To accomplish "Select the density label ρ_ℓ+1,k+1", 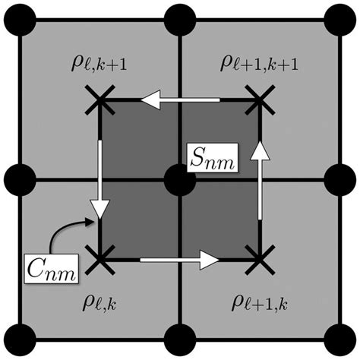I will coord(258,62).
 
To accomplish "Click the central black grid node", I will coord(179,181).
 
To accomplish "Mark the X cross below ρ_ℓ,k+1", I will coord(99,99).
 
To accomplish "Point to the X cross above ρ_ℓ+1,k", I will coord(260,261).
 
